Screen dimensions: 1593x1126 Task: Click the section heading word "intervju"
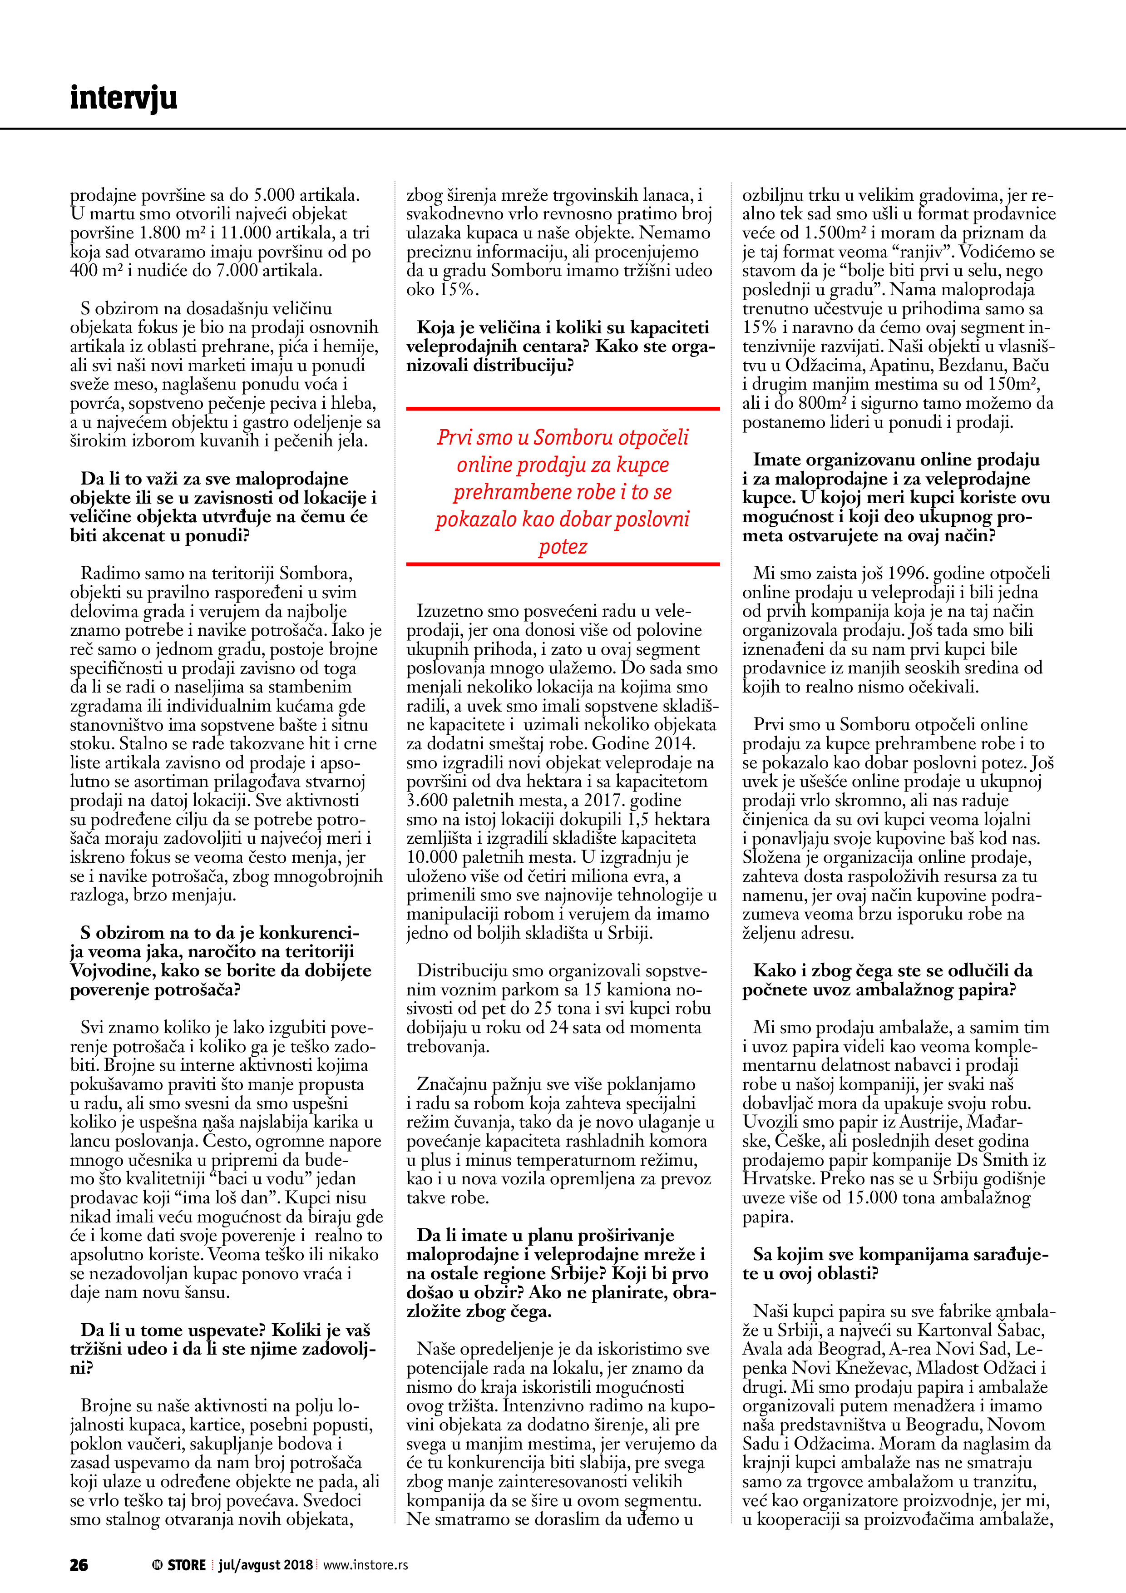click(123, 98)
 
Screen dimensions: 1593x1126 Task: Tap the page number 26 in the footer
click(79, 1564)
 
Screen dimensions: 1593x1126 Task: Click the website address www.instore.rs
click(365, 1564)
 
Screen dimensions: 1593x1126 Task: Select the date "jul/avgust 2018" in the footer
click(266, 1564)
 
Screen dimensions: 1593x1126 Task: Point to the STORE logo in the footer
click(179, 1564)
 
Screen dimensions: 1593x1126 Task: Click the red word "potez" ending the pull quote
click(563, 547)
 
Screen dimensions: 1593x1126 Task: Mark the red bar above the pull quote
click(563, 409)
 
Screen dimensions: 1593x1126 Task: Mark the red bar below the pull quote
click(563, 564)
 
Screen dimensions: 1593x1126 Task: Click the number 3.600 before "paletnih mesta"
click(428, 801)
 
